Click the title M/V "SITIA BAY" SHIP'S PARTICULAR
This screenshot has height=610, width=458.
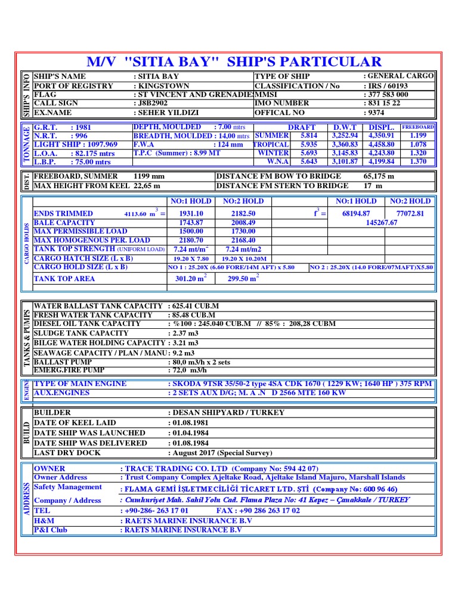(233, 61)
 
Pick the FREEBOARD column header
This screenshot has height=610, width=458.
(418, 127)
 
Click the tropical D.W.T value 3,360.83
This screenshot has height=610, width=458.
(345, 144)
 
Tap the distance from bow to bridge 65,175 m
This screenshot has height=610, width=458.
(379, 176)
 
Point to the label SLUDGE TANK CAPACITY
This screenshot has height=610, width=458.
(81, 333)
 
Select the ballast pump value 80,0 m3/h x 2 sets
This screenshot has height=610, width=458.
(200, 362)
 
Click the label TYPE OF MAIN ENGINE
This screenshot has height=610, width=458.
(80, 384)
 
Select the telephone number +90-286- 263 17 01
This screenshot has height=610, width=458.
(157, 511)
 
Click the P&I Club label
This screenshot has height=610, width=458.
(51, 530)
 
